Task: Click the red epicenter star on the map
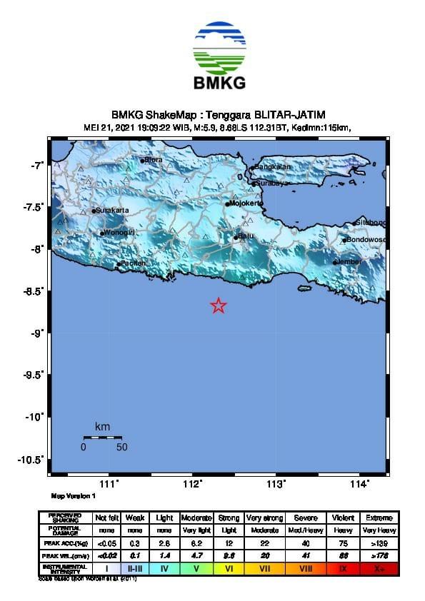tap(219, 305)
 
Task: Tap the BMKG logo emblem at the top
tap(219, 46)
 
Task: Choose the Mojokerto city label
tap(247, 203)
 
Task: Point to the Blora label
tap(154, 160)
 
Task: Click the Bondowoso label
tap(366, 239)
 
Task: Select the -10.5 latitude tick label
tap(33, 459)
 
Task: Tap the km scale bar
tap(102, 437)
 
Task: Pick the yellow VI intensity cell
tap(229, 569)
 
